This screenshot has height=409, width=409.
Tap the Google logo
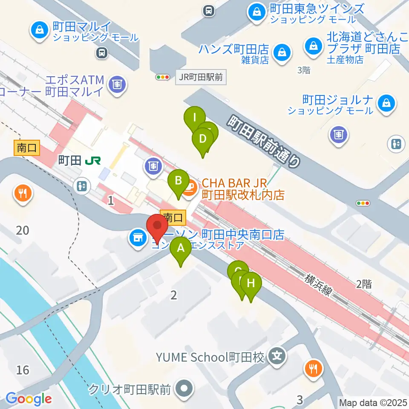pos(29,399)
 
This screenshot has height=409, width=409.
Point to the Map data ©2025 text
pos(373,402)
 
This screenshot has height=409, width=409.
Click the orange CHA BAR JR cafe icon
pos(190,187)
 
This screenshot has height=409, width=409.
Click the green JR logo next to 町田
pos(93,160)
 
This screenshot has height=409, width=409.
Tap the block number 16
pos(23,369)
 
